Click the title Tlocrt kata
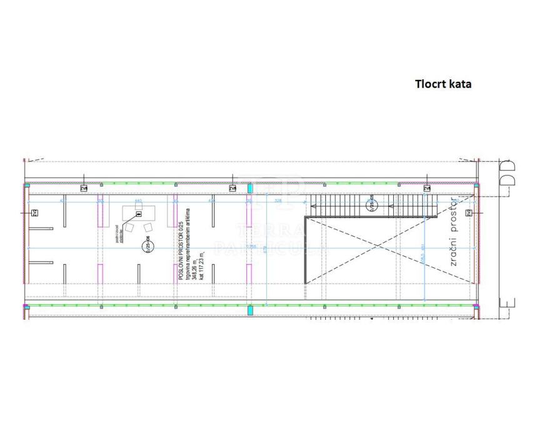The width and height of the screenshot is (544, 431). [443, 84]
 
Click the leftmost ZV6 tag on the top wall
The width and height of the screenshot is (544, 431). [84, 187]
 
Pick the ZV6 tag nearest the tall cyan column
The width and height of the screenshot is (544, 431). [233, 187]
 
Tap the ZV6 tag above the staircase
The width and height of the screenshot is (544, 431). [427, 187]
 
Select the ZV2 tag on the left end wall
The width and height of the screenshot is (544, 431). [34, 213]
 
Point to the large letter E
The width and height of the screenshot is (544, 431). [508, 308]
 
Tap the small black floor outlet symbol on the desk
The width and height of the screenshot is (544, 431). [139, 212]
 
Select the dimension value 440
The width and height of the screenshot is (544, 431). [138, 201]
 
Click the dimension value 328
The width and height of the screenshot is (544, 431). [278, 201]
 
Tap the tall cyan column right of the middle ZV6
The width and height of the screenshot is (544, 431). [249, 187]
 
